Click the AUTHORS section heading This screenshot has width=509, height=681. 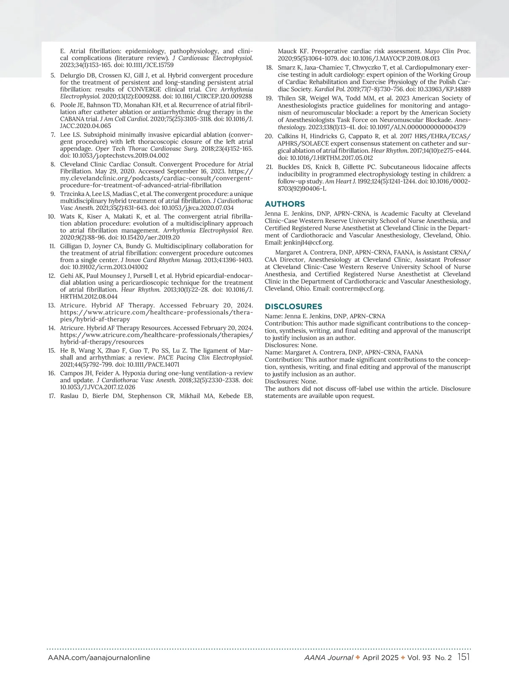(285, 204)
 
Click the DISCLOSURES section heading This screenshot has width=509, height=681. (294, 307)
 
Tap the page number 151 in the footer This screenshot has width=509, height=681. (464, 657)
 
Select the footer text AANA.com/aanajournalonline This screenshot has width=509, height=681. (99, 658)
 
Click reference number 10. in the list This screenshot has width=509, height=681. (51, 216)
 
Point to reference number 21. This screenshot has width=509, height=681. (269, 167)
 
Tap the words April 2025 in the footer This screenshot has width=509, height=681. (380, 658)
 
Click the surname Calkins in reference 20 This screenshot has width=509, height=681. (290, 136)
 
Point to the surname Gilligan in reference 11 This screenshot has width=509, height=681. (72, 246)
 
